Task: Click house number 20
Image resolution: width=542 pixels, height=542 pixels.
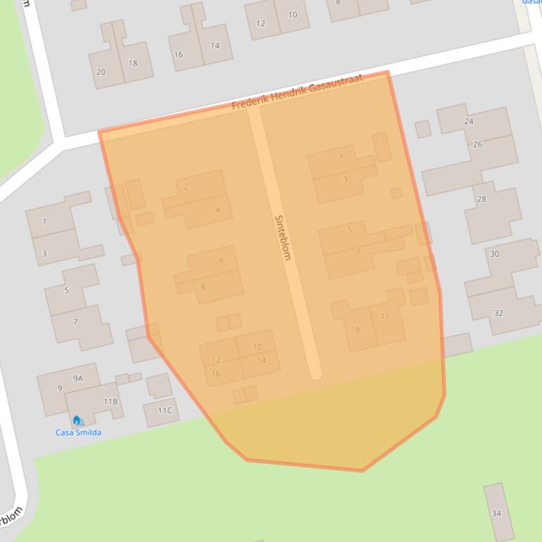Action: [x=101, y=72]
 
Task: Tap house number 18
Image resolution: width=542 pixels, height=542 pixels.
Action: [x=133, y=63]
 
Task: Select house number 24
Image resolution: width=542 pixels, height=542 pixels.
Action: [x=469, y=121]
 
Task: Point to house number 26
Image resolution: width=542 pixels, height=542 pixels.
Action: [x=478, y=144]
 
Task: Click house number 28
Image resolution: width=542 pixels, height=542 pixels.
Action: [x=481, y=199]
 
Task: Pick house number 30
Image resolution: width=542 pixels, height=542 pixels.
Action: [x=495, y=254]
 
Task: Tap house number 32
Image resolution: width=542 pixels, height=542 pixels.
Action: [x=499, y=313]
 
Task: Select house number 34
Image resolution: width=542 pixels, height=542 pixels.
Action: [x=496, y=513]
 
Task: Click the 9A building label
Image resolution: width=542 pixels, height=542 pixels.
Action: [x=78, y=378]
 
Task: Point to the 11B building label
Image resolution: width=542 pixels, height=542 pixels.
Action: [x=111, y=401]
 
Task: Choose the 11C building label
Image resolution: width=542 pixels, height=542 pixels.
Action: [x=164, y=410]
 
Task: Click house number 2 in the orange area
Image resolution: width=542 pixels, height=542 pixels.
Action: [x=186, y=187]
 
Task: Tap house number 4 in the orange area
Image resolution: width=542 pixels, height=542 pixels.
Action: [x=218, y=210]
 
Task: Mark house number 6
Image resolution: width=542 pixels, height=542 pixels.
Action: [x=221, y=260]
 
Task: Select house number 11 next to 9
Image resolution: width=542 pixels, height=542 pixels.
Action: [x=385, y=316]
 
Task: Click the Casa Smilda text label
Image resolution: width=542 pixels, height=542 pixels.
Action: [x=78, y=432]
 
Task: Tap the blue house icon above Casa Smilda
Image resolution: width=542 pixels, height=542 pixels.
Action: [x=77, y=420]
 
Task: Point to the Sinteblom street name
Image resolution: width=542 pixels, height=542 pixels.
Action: [x=282, y=237]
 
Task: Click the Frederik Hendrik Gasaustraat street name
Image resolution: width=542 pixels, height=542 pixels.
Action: [x=297, y=92]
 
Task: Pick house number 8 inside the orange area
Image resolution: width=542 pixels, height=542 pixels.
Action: [x=203, y=286]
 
